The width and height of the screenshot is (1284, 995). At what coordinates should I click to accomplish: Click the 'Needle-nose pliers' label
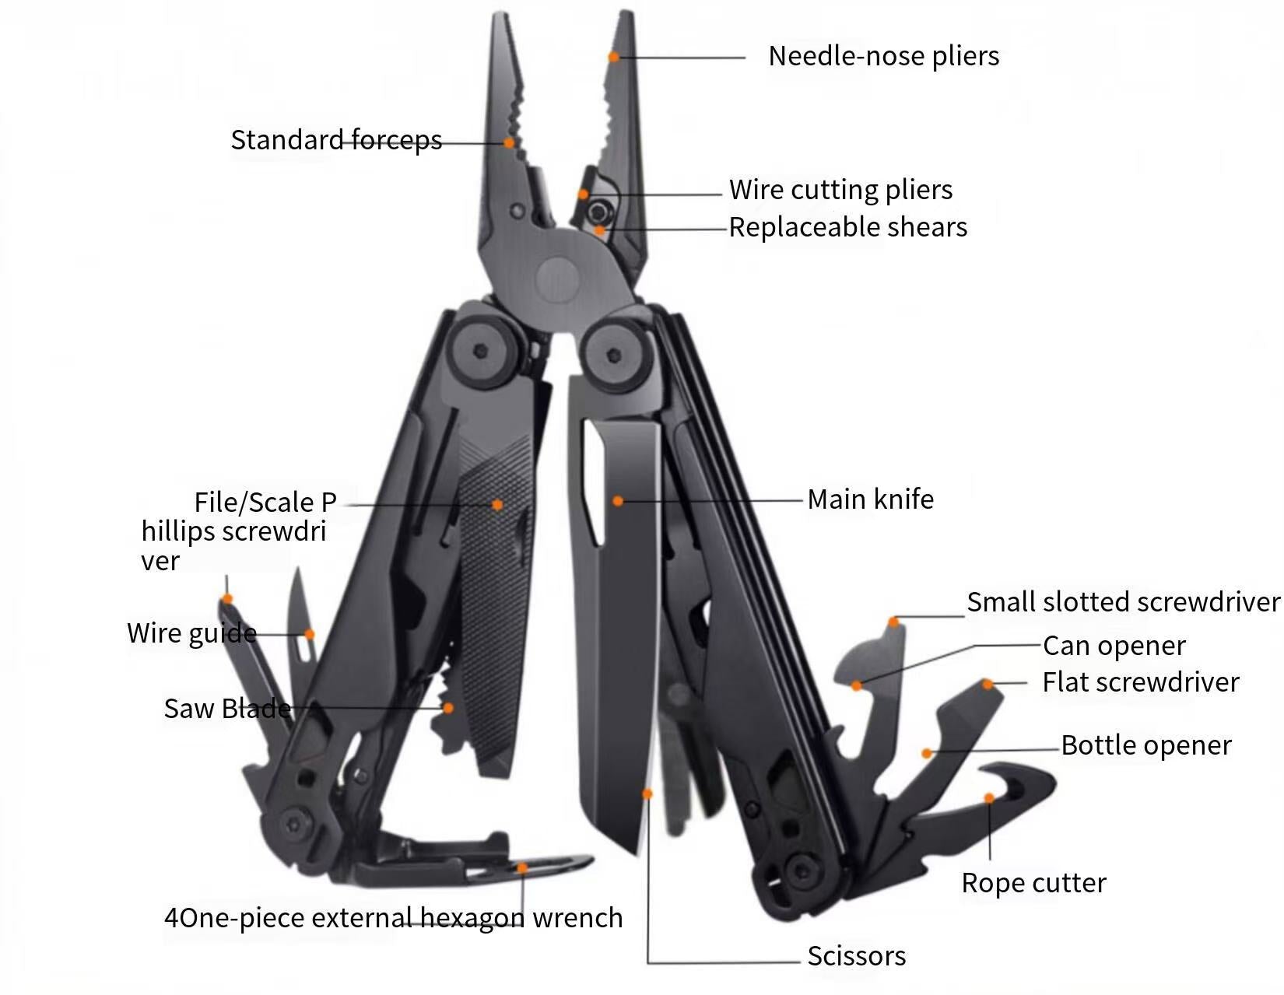coord(883,56)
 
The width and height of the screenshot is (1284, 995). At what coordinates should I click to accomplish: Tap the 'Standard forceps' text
coord(336,140)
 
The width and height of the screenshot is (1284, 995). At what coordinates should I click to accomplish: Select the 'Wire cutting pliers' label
coord(840,190)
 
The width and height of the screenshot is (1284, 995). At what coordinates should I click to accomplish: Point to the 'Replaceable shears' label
coord(847,227)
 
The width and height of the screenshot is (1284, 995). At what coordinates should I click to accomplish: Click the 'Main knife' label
coord(870,499)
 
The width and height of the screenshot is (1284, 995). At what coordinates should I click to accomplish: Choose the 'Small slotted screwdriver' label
coord(1123,602)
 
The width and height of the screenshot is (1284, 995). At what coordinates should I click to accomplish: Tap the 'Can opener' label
coord(1114,646)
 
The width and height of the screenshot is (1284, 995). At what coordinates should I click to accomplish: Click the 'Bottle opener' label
coord(1145,745)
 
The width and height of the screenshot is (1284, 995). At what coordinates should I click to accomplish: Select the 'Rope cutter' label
coord(1033,883)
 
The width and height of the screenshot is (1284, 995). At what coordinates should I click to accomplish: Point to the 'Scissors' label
coord(856,956)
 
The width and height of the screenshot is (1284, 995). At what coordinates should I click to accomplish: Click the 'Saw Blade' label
coord(227,709)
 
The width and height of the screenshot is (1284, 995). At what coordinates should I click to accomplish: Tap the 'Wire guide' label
coord(191,633)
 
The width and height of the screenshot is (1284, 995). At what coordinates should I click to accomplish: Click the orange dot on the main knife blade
coord(618,501)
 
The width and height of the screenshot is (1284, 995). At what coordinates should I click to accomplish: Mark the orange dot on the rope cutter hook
coord(989,798)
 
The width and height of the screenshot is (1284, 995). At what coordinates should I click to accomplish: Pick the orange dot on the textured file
coord(497,505)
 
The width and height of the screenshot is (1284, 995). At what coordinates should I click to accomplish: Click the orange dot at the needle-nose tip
coord(614,57)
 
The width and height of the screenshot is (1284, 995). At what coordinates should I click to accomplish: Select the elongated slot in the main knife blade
coord(594,483)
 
